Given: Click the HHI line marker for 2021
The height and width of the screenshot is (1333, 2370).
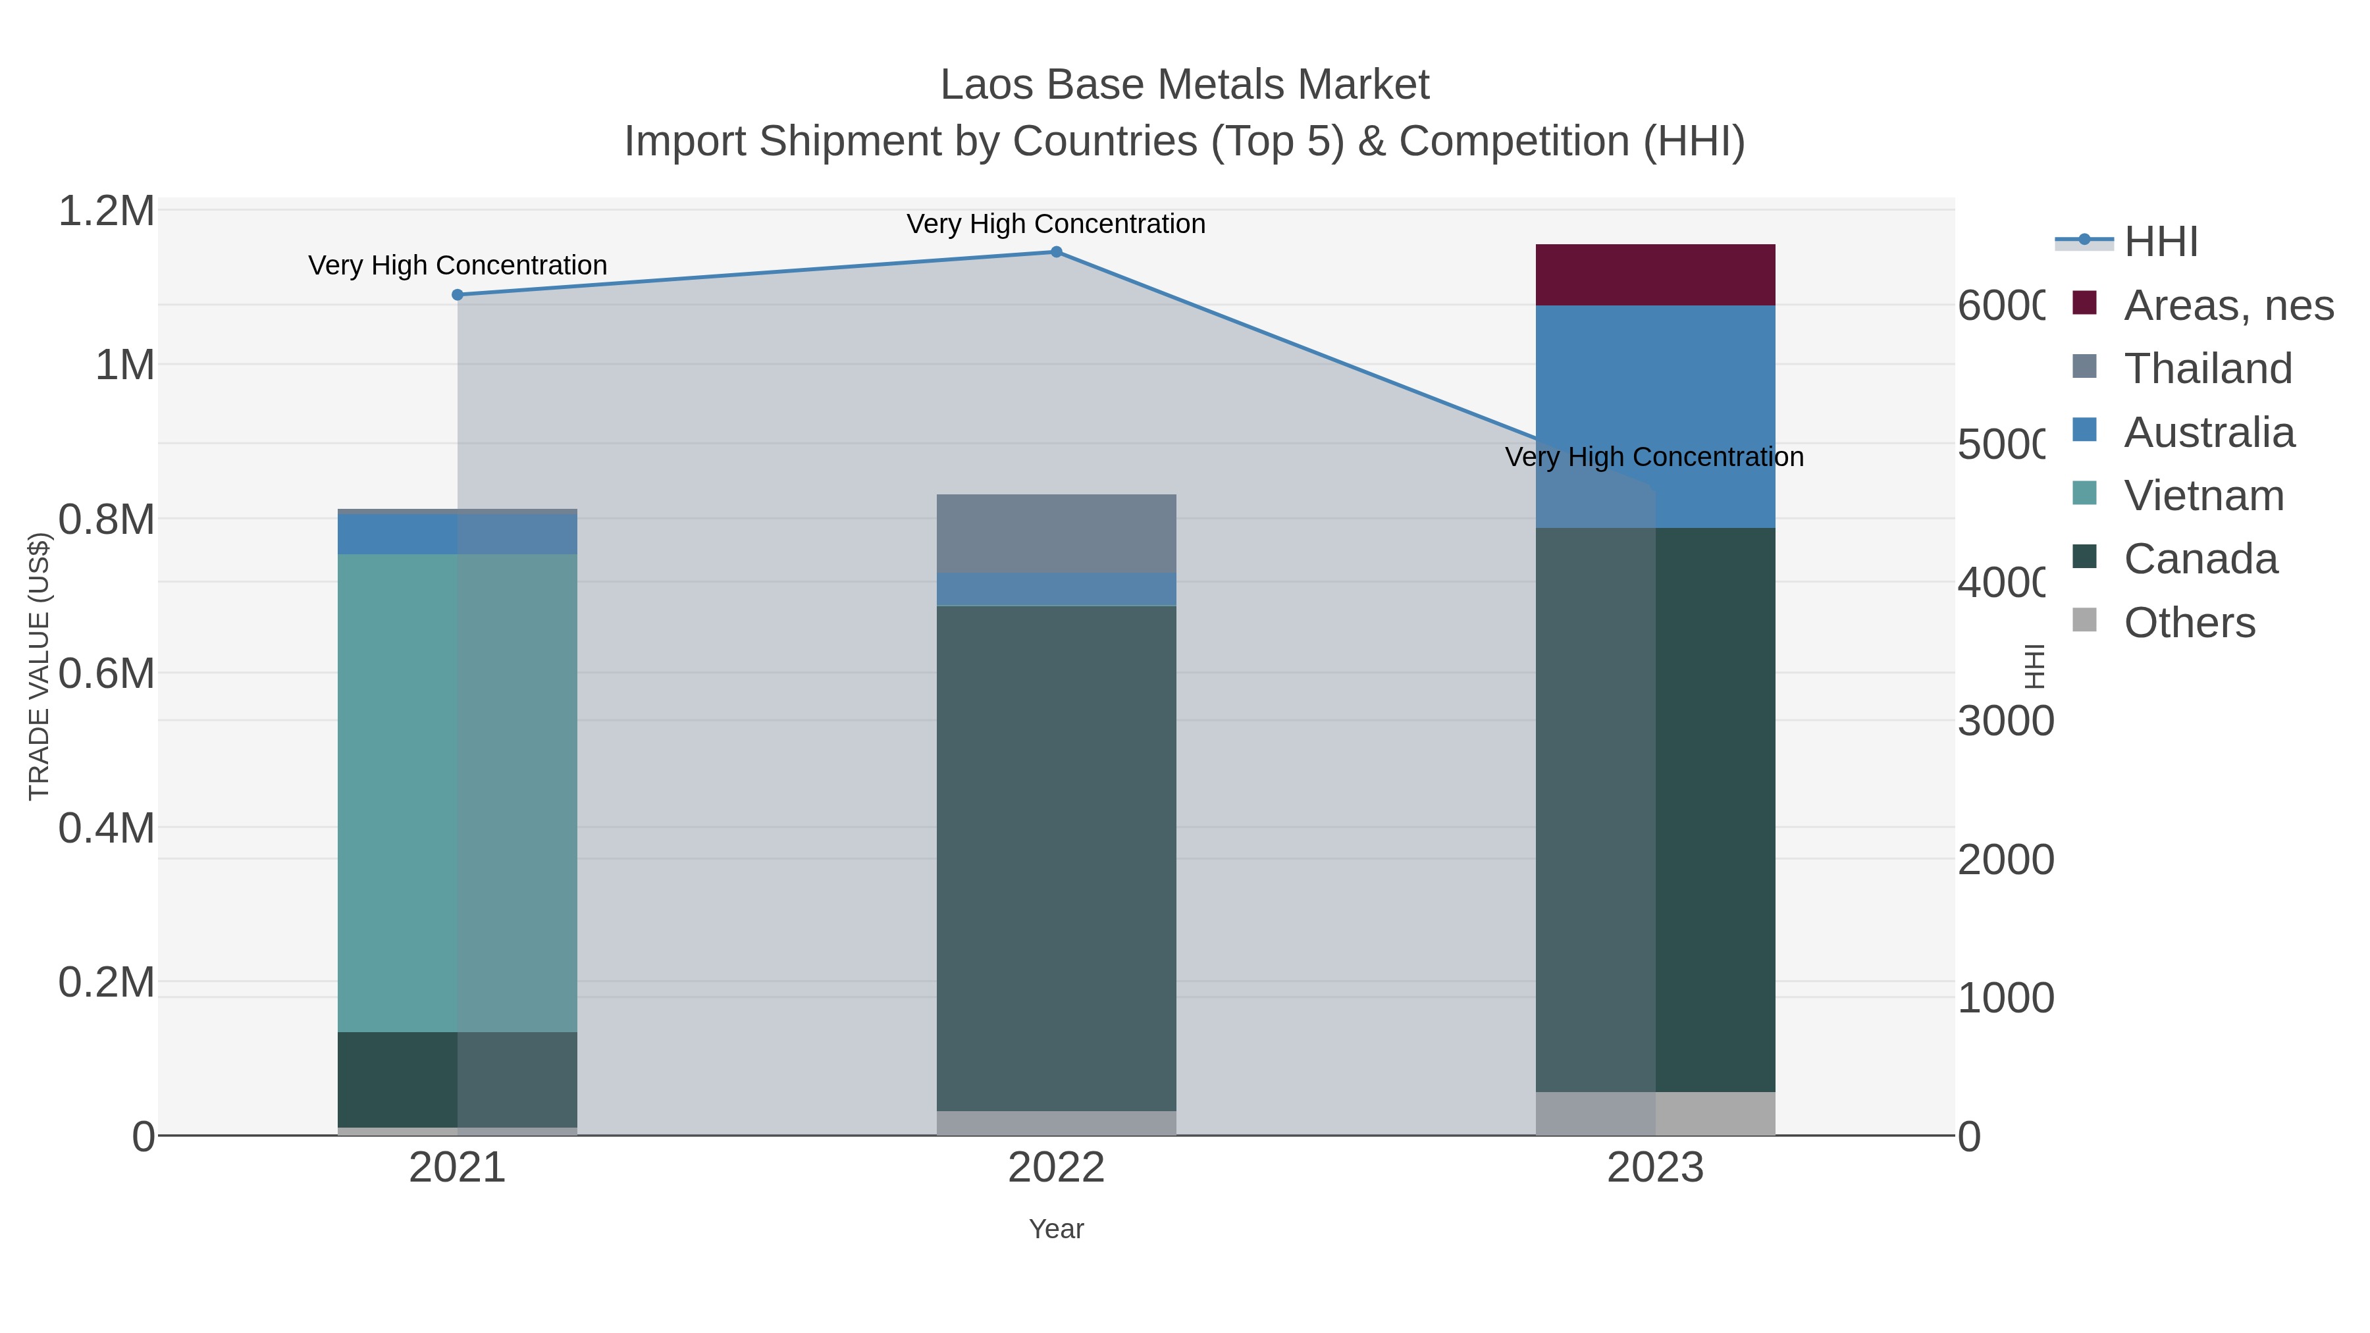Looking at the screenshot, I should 458,294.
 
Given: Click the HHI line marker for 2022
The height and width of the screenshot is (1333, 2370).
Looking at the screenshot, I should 1056,251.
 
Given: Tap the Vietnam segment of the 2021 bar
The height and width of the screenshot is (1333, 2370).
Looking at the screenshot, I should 458,791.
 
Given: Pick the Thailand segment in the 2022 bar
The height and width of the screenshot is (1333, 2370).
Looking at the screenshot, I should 1056,534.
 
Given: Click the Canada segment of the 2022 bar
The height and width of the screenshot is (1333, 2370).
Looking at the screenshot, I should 1056,856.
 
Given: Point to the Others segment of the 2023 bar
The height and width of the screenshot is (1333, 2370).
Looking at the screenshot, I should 1655,1113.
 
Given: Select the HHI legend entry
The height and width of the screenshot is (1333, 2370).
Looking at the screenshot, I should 2160,242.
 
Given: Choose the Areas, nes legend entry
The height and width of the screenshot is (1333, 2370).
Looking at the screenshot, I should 2227,305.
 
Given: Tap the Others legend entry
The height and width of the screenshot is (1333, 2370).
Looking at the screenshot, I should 2189,623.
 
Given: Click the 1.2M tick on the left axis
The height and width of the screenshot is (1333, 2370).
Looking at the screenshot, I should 107,211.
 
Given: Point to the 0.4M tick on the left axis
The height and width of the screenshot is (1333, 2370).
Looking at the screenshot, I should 107,828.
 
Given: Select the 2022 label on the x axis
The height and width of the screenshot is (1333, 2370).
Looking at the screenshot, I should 1056,1168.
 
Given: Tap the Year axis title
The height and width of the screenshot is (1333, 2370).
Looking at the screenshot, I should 1056,1229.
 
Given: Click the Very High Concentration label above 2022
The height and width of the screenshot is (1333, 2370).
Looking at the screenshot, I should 1056,224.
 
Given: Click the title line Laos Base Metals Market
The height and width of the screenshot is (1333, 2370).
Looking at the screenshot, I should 1184,85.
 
